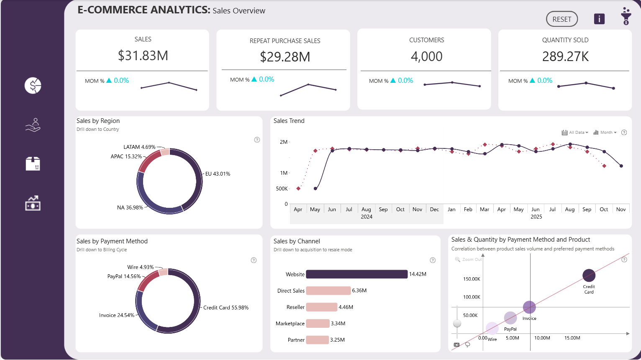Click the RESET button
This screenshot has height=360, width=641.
562,19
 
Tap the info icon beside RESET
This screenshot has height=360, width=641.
599,19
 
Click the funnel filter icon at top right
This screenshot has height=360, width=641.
626,16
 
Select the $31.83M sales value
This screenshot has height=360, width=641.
143,56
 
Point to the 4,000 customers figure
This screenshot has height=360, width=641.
426,56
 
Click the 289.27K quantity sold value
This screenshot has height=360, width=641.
565,56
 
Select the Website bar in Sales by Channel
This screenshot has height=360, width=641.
356,274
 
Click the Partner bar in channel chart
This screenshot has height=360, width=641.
317,340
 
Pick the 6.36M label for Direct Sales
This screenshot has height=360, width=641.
359,291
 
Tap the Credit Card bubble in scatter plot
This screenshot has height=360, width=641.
589,275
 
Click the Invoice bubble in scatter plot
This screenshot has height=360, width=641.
529,307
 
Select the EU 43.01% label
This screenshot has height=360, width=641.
218,174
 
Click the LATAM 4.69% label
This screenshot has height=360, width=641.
139,147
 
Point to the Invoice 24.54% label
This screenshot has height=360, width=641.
117,315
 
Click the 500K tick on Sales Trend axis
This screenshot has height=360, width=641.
282,189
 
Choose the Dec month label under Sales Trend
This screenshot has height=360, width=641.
434,209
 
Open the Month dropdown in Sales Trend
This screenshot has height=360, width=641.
605,133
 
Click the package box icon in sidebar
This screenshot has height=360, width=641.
33,164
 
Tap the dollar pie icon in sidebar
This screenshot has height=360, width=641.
33,86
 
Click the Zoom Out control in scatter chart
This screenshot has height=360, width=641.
469,260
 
